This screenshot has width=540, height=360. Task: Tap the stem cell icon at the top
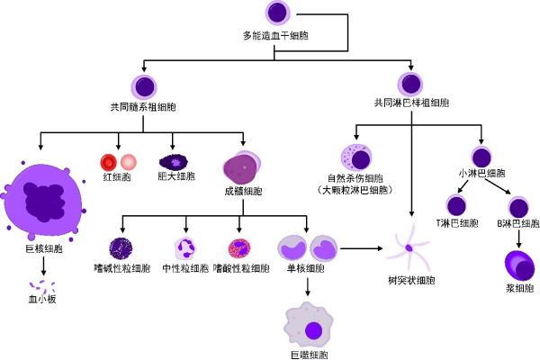point(279,13)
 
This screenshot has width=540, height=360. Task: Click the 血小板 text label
point(42,298)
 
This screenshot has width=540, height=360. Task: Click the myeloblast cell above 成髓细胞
point(243,168)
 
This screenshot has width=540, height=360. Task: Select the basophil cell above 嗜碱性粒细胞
point(121,249)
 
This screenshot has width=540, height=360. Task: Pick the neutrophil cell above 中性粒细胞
point(185,249)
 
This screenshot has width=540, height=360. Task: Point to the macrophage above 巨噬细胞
point(310,325)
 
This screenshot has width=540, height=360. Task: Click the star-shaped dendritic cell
point(409,248)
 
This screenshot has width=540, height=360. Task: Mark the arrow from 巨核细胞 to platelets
point(42,268)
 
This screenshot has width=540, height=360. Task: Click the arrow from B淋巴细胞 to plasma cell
point(517,235)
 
